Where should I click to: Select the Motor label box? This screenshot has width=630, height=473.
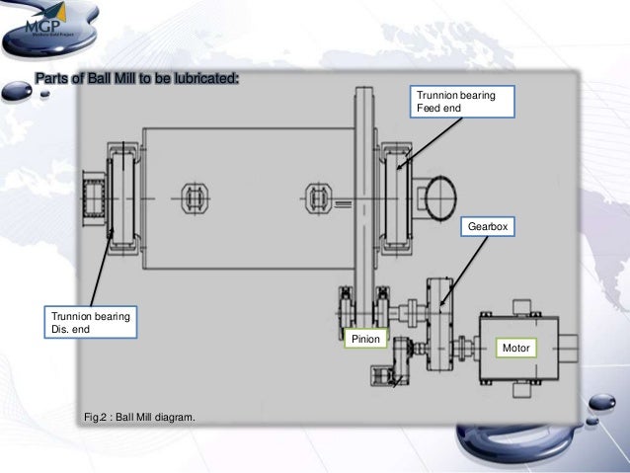(517, 349)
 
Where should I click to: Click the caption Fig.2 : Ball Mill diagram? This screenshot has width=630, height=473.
(139, 419)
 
